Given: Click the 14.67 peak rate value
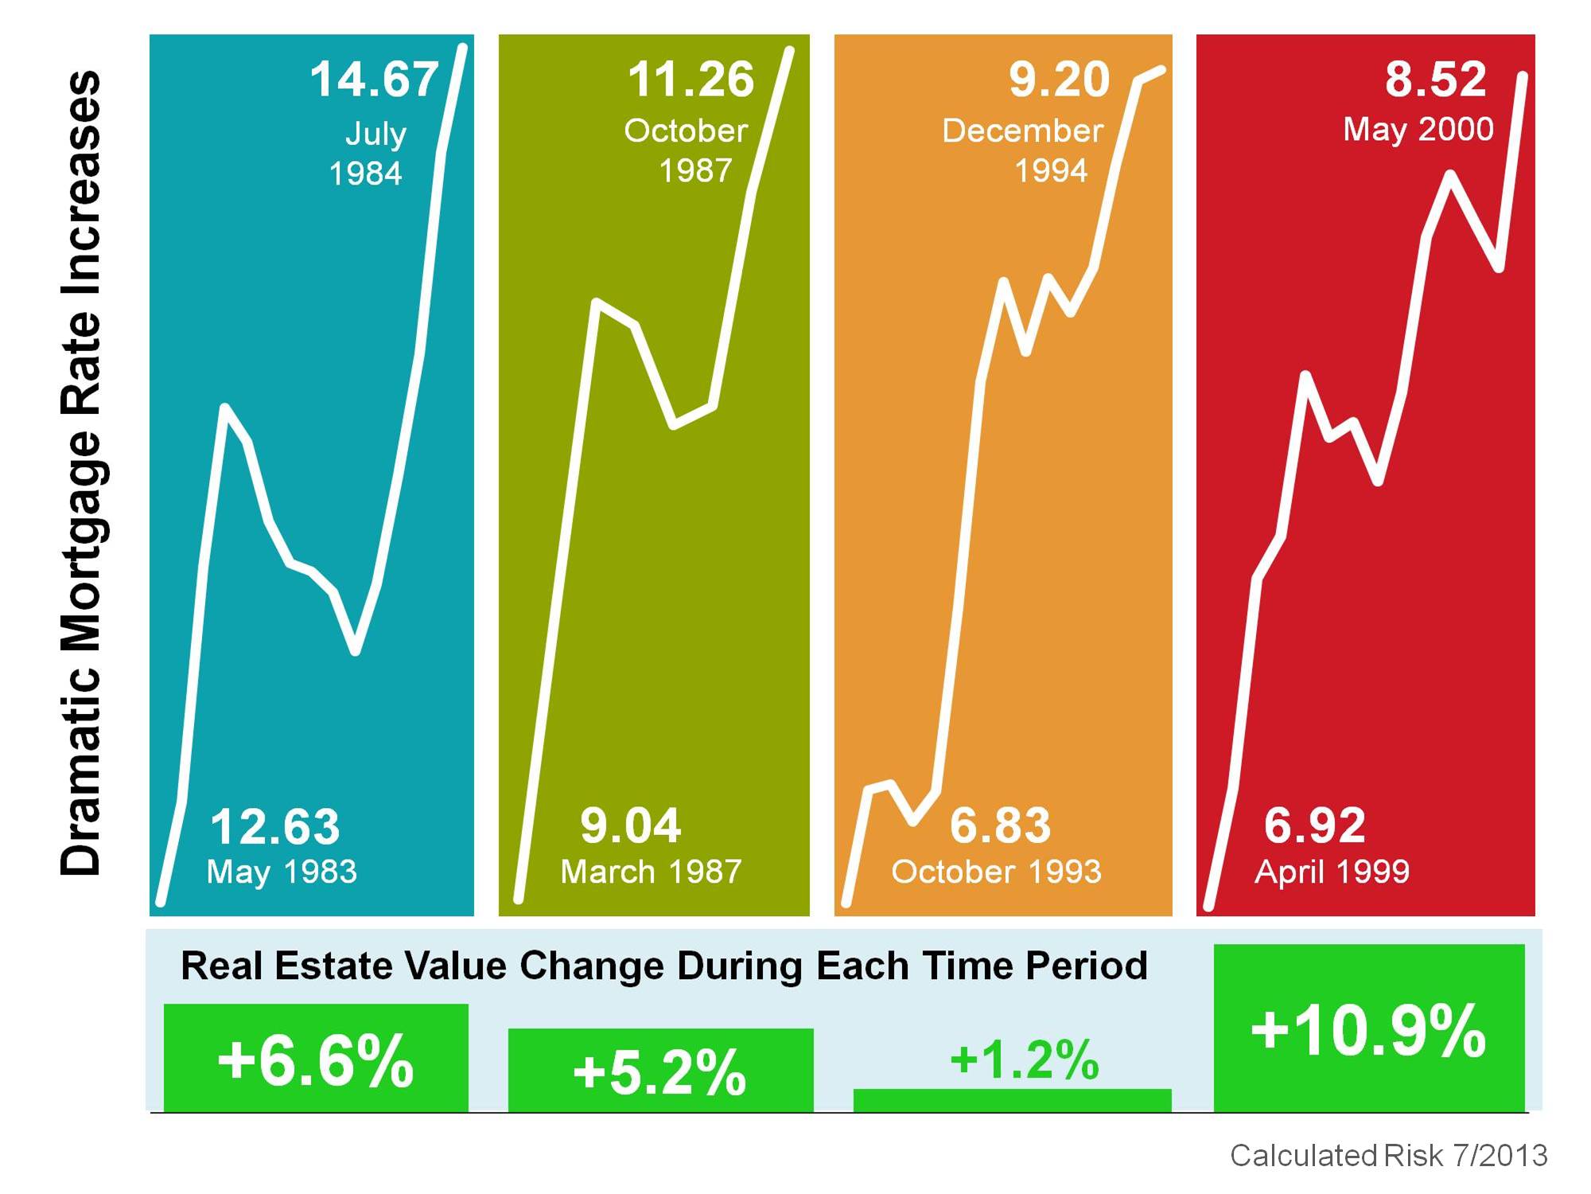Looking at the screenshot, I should point(374,80).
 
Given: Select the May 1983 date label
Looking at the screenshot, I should point(282,872).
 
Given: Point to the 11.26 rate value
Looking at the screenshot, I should point(690,80).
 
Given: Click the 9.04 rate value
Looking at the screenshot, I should point(630,825).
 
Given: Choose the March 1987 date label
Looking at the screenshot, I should point(651,872).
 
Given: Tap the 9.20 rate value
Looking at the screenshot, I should point(1059,80).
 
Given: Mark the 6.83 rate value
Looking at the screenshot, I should point(1000,825).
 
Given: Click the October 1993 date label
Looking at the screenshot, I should point(996,872).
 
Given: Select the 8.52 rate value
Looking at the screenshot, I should point(1435,80).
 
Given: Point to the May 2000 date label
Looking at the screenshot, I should point(1418,129).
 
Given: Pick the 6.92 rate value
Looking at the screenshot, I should point(1314,825).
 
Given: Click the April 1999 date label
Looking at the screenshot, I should point(1332,872).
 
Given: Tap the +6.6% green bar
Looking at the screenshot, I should point(316,1059).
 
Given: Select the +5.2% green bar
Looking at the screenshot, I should point(660,1071).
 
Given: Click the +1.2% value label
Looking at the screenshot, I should point(1025,1059).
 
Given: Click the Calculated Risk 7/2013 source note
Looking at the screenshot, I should point(1388,1155).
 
